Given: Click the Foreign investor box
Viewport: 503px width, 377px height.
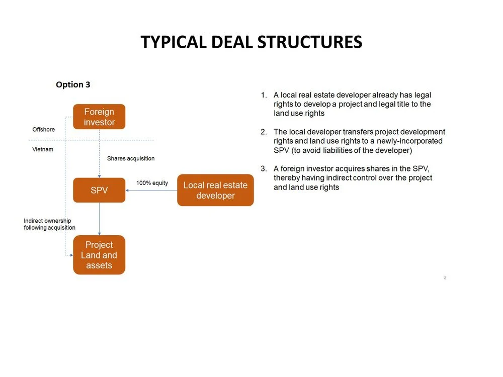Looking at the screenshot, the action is coord(99,117).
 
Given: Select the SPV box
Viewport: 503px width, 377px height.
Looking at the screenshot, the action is coord(99,190).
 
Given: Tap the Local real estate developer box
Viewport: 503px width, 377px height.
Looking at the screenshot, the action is coord(215,190).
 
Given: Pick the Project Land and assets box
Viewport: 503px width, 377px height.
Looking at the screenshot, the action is coord(99,255).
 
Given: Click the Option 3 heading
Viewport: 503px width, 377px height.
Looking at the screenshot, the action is coord(73,84).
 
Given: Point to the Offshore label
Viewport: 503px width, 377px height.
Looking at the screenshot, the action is coord(44,130).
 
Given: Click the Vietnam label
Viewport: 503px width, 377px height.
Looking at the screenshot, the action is coord(43,149).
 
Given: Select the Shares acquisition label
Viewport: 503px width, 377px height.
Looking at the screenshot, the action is coord(131,158).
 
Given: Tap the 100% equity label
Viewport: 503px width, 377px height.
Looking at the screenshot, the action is coord(152,183).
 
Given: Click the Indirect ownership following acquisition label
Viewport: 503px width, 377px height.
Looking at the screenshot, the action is coord(49,224).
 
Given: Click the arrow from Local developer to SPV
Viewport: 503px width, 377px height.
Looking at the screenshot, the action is coord(151,191).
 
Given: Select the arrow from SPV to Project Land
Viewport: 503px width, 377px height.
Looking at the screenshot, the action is coord(99,219).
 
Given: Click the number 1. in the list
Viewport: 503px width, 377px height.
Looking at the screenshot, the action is coord(264,95).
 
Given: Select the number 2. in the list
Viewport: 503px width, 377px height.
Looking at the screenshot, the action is coord(264,132).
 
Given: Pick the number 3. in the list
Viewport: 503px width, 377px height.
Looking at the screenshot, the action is coord(264,169).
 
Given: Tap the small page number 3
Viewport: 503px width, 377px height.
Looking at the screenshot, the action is coord(445,277).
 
